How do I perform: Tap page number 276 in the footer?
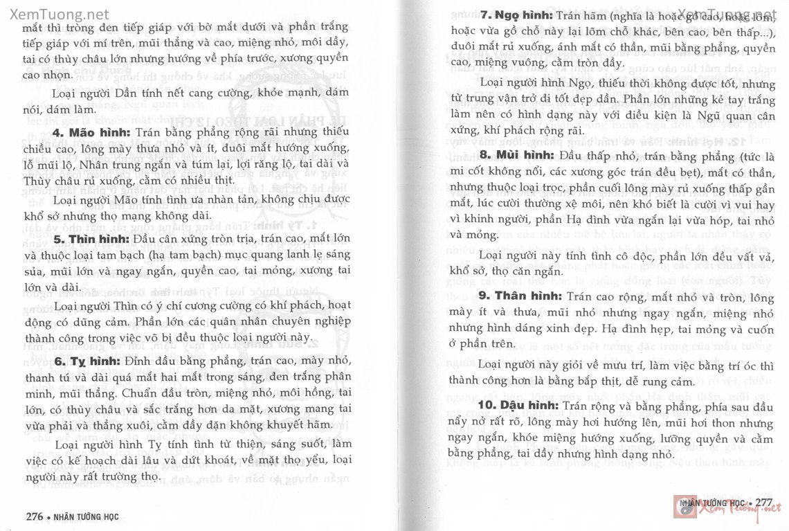click(35, 516)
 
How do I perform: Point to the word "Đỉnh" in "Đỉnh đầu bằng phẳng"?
click(140, 361)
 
